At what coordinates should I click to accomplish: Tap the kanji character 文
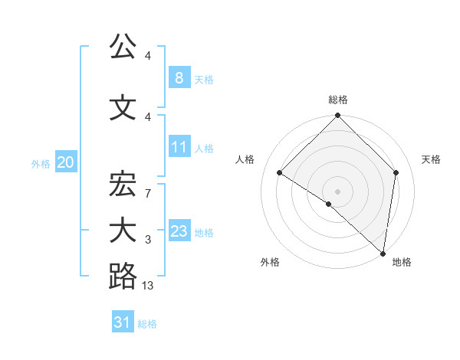(123, 108)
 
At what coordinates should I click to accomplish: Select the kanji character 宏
(123, 185)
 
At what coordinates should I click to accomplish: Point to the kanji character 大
(123, 231)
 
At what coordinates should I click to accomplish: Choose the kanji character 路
(123, 275)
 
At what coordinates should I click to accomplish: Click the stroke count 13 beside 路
(148, 286)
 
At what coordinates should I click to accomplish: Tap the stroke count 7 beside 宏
(148, 195)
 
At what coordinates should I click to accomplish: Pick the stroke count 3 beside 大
(148, 241)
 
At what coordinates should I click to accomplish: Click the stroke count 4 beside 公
(148, 56)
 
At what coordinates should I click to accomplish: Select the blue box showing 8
(179, 77)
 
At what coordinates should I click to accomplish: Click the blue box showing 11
(179, 147)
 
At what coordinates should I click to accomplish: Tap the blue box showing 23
(179, 231)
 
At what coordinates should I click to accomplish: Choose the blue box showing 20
(65, 162)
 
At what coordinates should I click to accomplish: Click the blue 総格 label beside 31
(147, 324)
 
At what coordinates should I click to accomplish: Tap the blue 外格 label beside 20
(41, 164)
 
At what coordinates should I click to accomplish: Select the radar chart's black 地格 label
(402, 263)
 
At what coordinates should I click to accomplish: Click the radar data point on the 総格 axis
(337, 116)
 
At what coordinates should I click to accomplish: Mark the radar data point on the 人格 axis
(280, 173)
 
